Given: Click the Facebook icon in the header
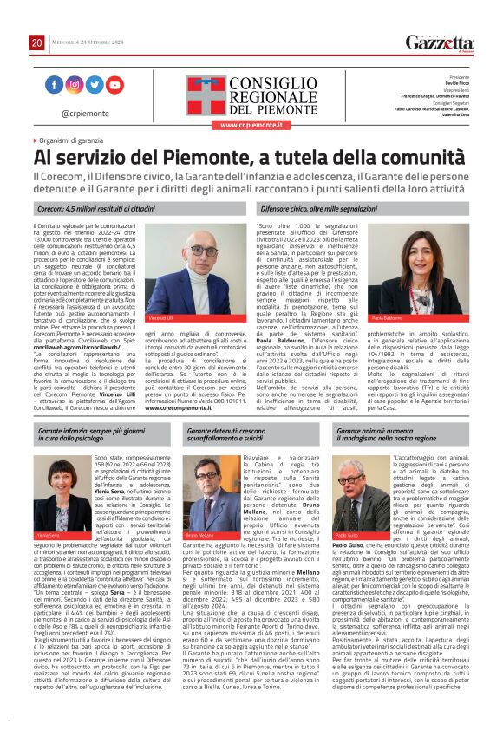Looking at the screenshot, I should pyautogui.click(x=54, y=85).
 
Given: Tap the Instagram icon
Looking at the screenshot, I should pyautogui.click(x=75, y=85).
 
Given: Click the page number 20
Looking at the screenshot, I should pyautogui.click(x=36, y=42).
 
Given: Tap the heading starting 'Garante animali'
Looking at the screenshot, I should pyautogui.click(x=387, y=434).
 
